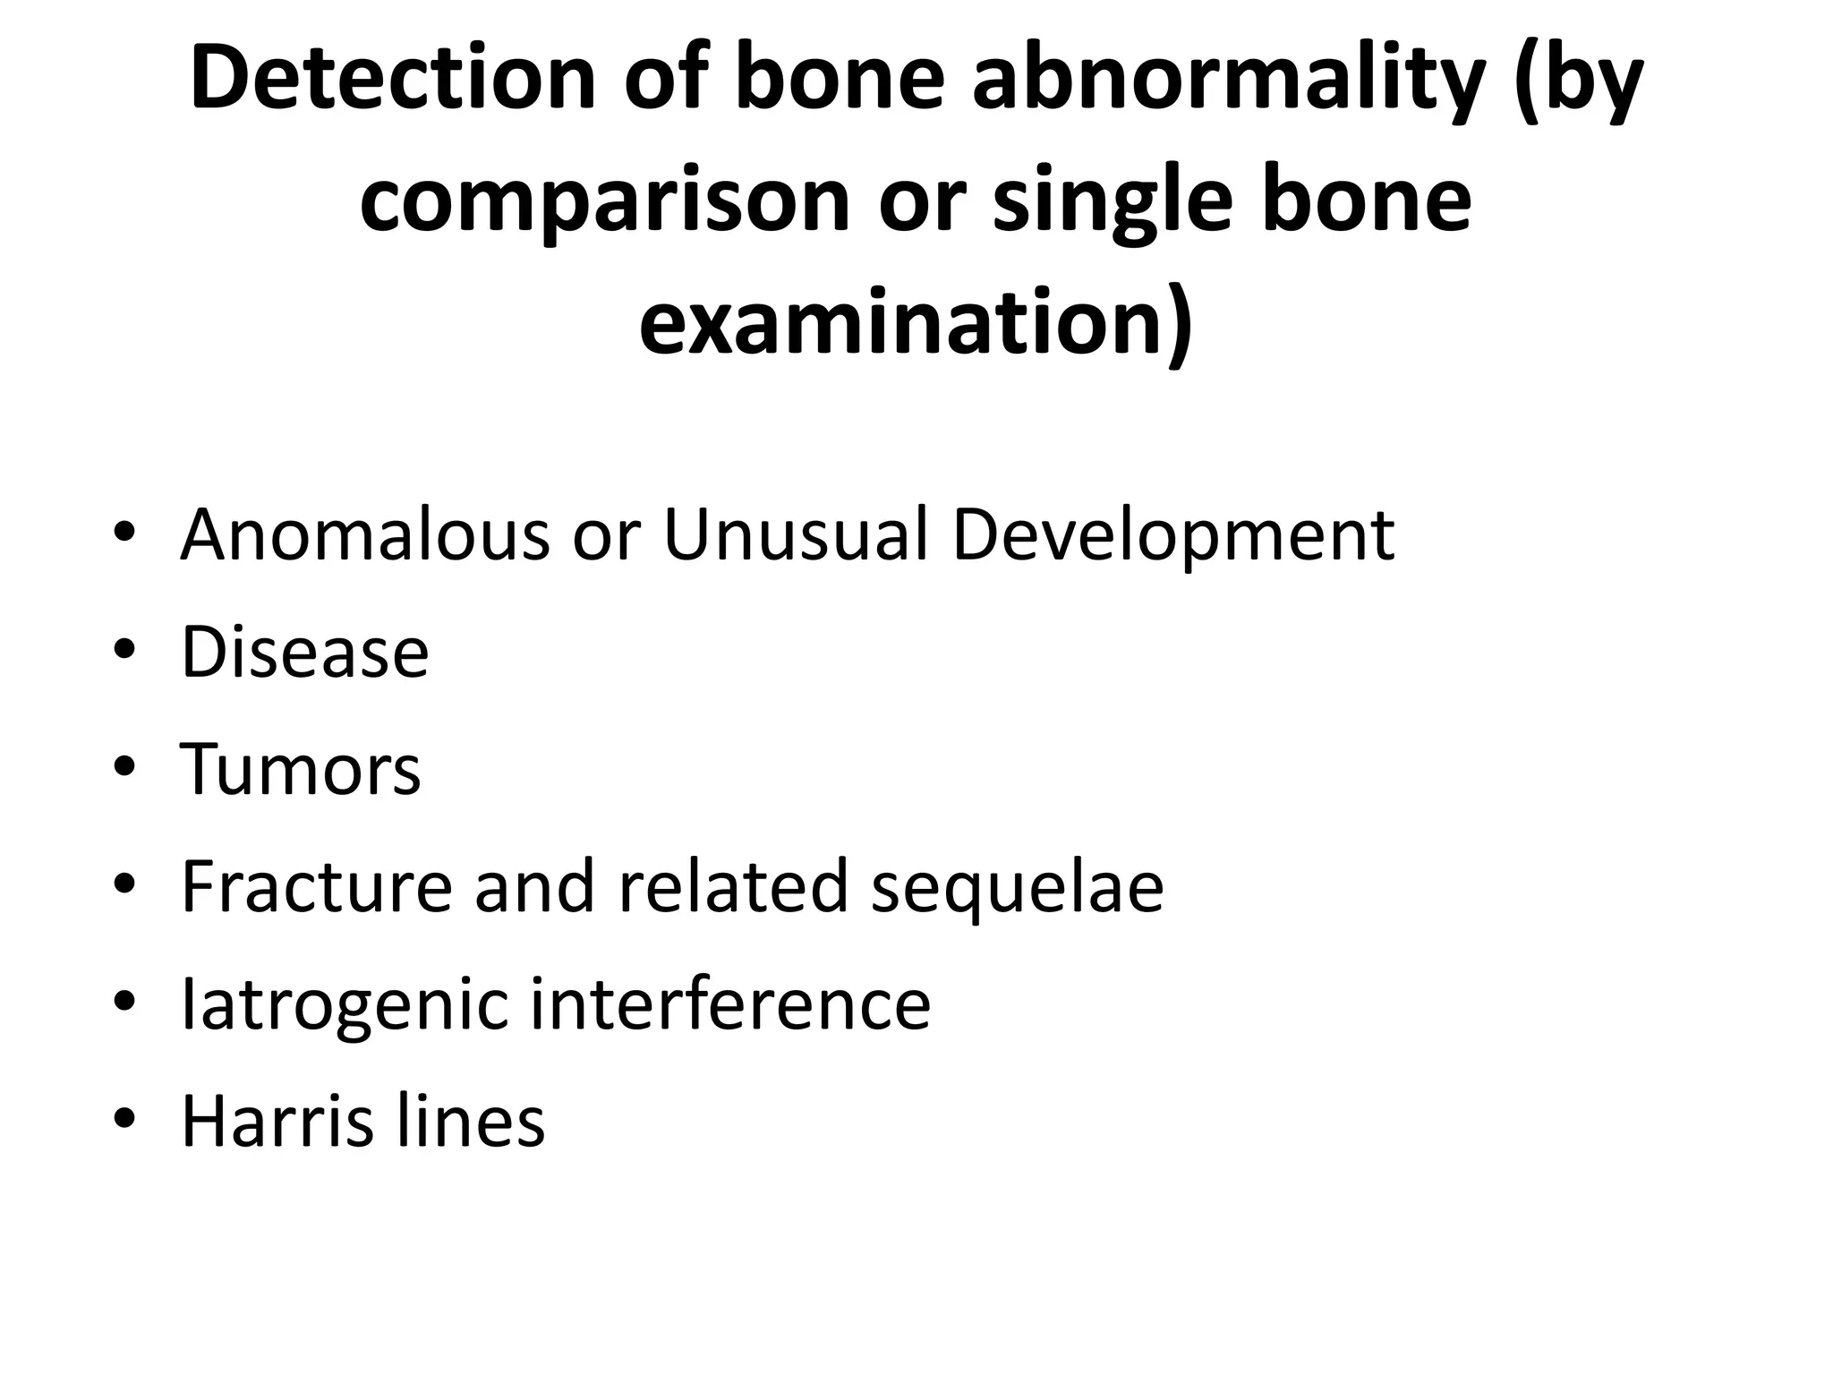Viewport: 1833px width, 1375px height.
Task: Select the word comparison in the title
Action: click(x=604, y=201)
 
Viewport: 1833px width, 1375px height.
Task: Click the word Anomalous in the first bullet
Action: click(x=365, y=535)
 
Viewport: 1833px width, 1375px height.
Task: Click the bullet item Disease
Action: click(x=305, y=652)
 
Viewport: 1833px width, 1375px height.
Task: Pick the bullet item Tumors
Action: click(x=301, y=769)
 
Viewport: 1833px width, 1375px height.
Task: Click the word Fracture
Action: click(x=316, y=886)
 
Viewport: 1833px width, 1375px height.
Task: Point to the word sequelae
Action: click(x=1018, y=886)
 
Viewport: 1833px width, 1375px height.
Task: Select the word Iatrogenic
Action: click(x=345, y=1004)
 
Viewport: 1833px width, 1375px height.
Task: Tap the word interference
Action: click(x=730, y=1004)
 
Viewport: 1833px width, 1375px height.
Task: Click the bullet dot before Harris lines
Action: click(x=124, y=1121)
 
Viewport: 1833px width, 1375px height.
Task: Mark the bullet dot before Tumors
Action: click(x=124, y=769)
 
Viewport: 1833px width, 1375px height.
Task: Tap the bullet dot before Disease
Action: click(x=124, y=652)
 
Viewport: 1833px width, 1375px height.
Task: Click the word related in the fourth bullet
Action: click(x=733, y=886)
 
